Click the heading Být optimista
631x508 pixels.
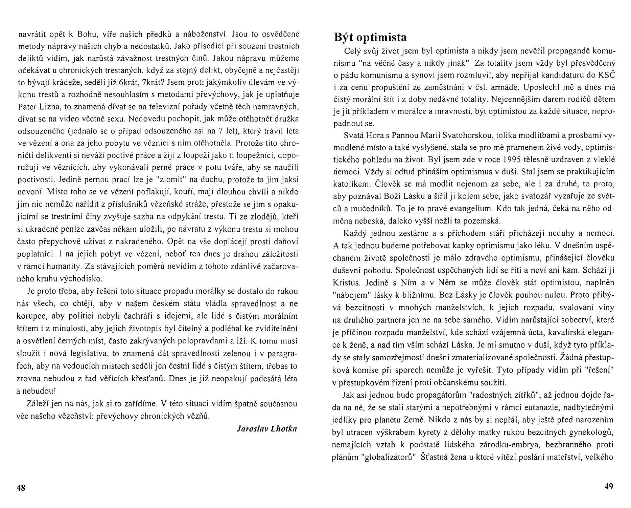click(370, 37)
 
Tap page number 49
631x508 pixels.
click(608, 487)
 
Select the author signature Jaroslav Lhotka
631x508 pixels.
click(267, 429)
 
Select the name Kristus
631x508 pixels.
click(345, 282)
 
